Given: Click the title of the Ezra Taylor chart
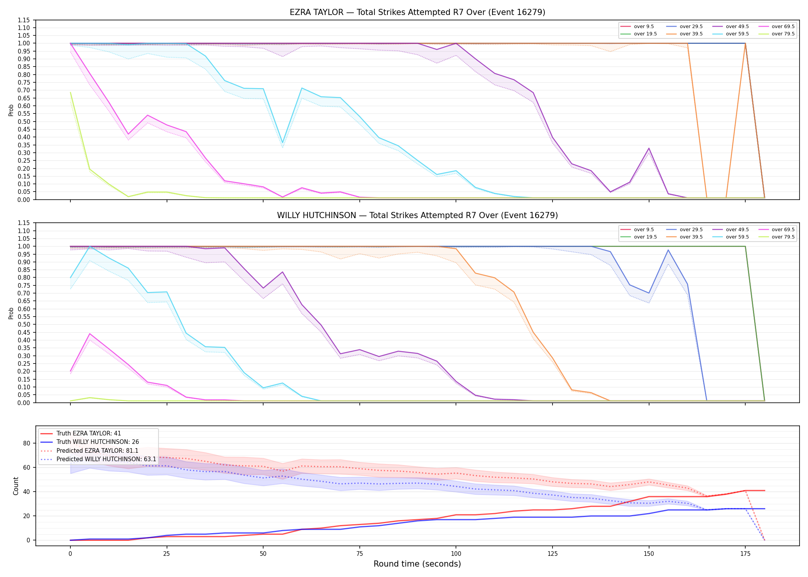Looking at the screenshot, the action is coord(417,12).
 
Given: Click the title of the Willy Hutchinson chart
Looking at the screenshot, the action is coord(417,215).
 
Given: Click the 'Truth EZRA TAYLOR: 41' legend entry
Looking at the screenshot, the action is coord(81,434).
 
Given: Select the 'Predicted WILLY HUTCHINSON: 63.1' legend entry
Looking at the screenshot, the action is coord(98,459).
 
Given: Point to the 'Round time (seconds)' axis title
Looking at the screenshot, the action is coord(417,564).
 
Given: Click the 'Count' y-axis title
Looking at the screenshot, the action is coord(16,486).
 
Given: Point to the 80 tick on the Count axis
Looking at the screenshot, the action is coord(27,443).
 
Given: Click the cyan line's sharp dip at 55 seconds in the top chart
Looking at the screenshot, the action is coord(282,143).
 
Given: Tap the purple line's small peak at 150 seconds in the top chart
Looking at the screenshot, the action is coord(649,148).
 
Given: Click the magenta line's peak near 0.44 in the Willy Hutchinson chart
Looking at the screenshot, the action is coord(90,334).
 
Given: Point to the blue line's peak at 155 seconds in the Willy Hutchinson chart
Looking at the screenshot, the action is coord(668,250).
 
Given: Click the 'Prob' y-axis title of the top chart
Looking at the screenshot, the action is coord(11,110).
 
